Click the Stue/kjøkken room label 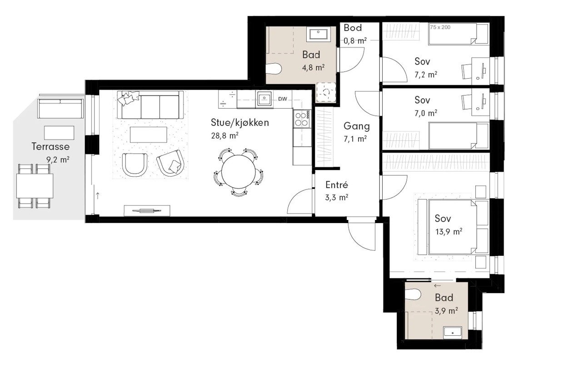tap(239, 123)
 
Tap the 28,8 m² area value tap(225, 135)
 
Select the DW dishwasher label tap(282, 99)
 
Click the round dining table tap(239, 172)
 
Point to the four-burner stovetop tap(302, 119)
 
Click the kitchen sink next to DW tap(264, 99)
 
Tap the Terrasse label tap(50, 147)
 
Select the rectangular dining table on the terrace tap(35, 186)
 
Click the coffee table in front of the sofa tap(149, 135)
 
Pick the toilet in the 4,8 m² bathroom tap(274, 69)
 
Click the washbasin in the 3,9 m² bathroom tap(453, 333)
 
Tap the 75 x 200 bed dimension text tap(440, 27)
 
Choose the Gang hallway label tap(357, 126)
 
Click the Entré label tap(337, 185)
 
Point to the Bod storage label tap(353, 28)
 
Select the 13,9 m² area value tap(448, 232)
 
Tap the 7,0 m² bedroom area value tap(426, 113)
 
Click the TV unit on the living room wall tap(147, 210)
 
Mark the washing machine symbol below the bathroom tap(326, 92)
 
